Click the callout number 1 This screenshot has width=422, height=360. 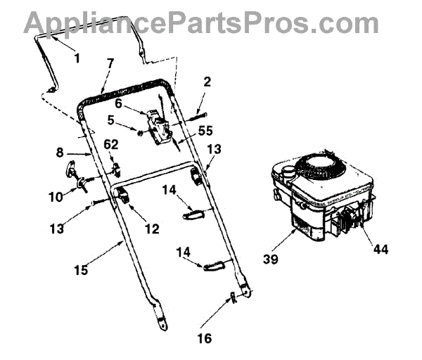(x=77, y=58)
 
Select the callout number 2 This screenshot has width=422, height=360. (x=207, y=83)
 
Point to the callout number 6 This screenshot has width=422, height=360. (x=119, y=103)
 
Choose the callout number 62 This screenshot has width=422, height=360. (x=110, y=145)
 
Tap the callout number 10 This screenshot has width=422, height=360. (x=55, y=198)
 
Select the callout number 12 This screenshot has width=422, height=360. (x=151, y=229)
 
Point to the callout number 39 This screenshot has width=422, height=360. (x=271, y=259)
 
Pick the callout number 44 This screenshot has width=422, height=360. (x=381, y=249)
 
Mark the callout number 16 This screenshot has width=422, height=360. (x=203, y=338)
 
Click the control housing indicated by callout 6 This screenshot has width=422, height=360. (x=162, y=127)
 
